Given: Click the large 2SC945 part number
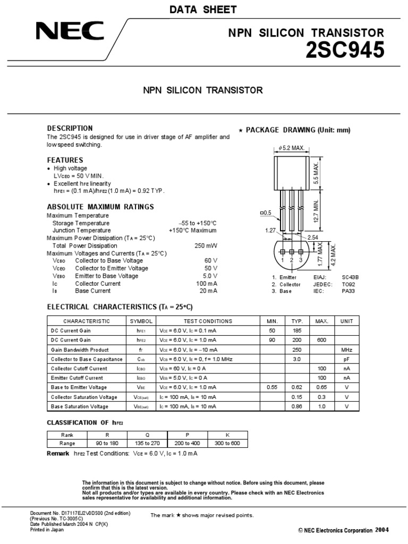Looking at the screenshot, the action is [344, 50].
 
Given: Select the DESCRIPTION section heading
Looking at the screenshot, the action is [70, 129].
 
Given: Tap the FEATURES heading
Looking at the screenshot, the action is [65, 160].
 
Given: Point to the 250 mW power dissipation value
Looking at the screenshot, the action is [206, 246].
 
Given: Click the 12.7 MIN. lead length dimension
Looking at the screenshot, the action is [316, 211].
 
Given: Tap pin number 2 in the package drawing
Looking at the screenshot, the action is [292, 260].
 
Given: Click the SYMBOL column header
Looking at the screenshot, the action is [141, 321].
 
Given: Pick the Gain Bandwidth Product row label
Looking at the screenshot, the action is [80, 350].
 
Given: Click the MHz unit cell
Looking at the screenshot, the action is [346, 350].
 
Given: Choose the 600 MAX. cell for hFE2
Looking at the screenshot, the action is [321, 340].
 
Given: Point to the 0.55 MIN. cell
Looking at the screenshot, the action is [271, 387].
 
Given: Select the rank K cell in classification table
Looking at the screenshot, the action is [227, 434].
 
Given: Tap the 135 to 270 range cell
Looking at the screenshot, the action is [147, 443].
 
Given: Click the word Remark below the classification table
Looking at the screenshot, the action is [58, 453].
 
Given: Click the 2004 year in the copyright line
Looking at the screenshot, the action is [382, 530].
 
